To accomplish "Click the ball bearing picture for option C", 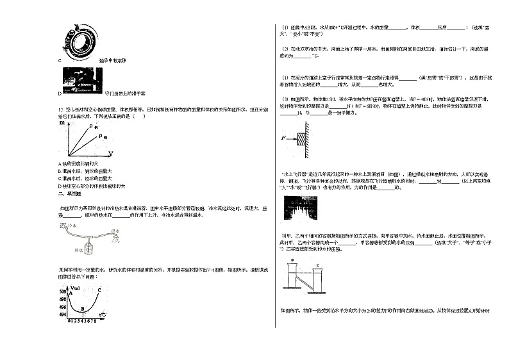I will [x=80, y=40].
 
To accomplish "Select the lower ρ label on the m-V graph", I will [x=105, y=138].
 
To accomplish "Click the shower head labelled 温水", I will [x=115, y=237].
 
